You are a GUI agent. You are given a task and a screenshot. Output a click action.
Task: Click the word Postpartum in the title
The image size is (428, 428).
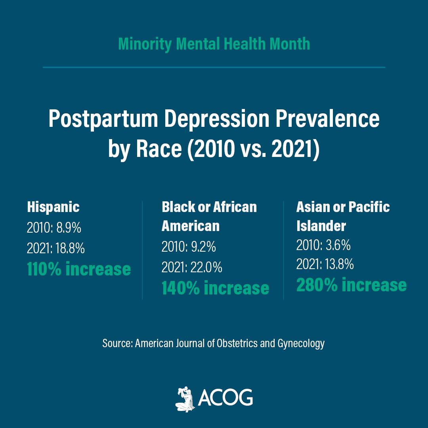point(103,119)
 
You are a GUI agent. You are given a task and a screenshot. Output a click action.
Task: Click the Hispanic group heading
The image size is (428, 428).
point(53,207)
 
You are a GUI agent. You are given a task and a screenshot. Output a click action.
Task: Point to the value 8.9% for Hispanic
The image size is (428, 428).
point(69,227)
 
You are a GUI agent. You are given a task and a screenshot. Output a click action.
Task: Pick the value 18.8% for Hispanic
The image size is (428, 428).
point(70,248)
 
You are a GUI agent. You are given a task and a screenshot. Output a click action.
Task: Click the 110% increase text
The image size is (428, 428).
point(79,269)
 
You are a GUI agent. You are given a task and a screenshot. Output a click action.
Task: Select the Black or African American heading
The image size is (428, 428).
point(209,216)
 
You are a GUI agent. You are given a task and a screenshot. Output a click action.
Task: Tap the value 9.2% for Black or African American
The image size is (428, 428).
point(203,247)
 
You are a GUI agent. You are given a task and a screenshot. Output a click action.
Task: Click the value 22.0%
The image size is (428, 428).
point(206,267)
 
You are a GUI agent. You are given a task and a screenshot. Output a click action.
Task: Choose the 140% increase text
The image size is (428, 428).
point(215,288)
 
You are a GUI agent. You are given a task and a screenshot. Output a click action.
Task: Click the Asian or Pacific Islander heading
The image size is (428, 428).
point(343,216)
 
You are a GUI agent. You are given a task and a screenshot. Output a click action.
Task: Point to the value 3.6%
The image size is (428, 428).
point(338,245)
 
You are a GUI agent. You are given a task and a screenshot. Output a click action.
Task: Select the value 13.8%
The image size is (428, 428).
point(339,264)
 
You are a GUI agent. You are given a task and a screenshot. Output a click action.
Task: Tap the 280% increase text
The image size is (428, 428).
point(352,285)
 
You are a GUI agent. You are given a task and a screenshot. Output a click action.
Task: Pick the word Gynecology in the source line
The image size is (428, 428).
point(301,344)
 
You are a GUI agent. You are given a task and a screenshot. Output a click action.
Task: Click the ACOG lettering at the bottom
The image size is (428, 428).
point(225,397)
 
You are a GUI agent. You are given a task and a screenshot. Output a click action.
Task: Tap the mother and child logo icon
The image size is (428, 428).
point(185,399)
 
